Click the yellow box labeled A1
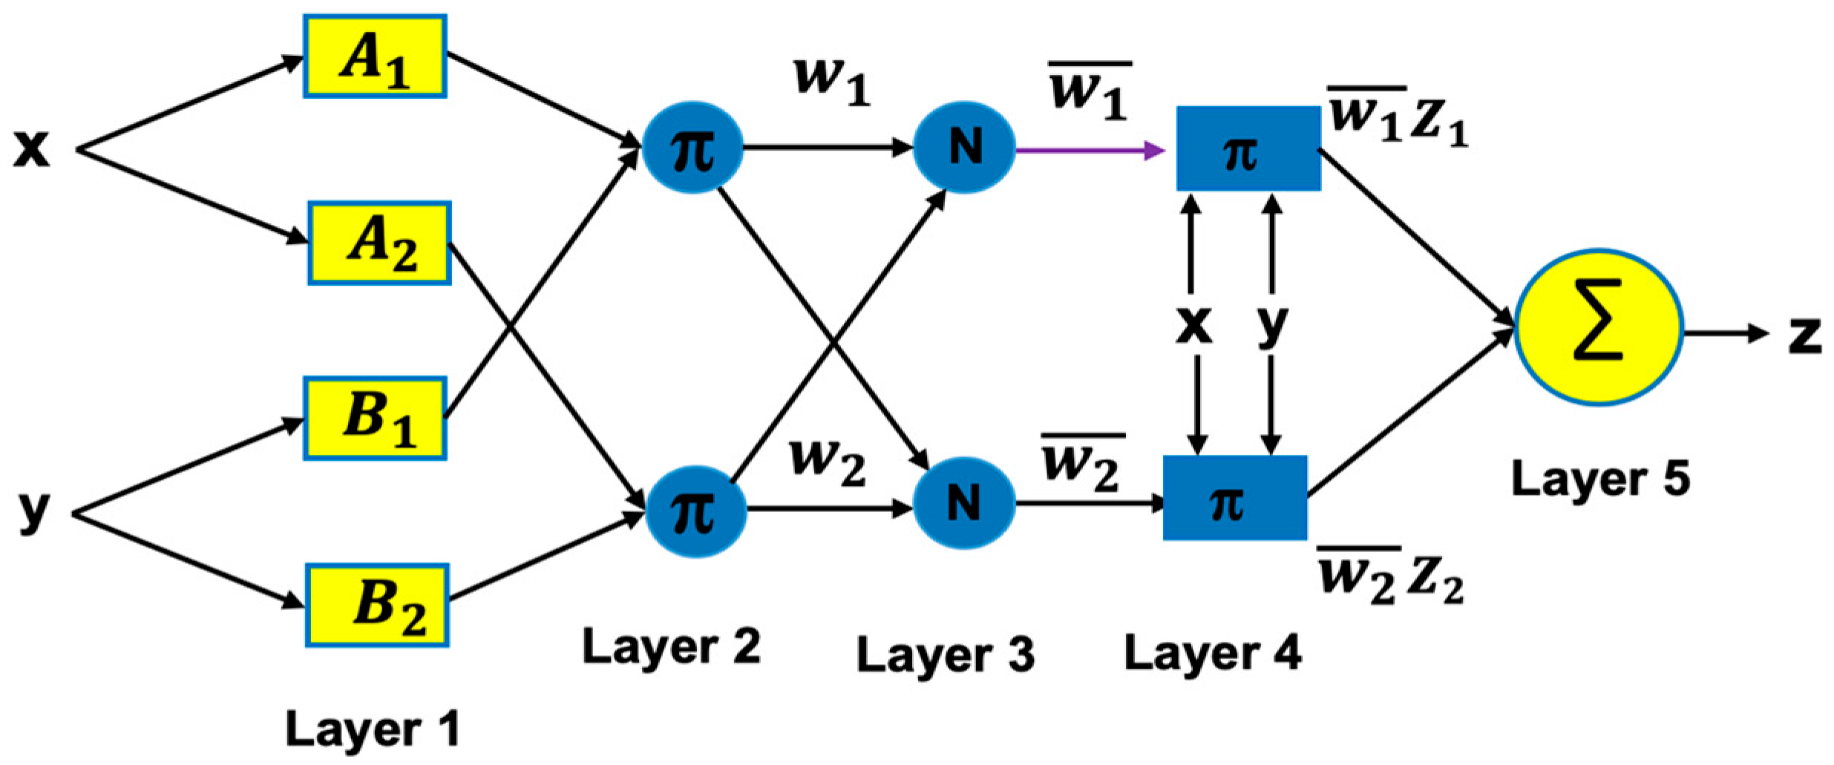375,56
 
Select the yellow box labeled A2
379,243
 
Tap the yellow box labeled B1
375,418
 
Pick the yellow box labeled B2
377,605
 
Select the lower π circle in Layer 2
695,510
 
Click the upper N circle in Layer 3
964,147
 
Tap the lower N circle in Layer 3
964,503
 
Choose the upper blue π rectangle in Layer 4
1248,149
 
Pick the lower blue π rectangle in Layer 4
1235,498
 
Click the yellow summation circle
1599,327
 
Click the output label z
1804,335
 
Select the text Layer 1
372,729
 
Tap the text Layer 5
1600,479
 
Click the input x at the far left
32,148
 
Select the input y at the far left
34,510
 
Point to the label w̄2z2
1390,577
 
